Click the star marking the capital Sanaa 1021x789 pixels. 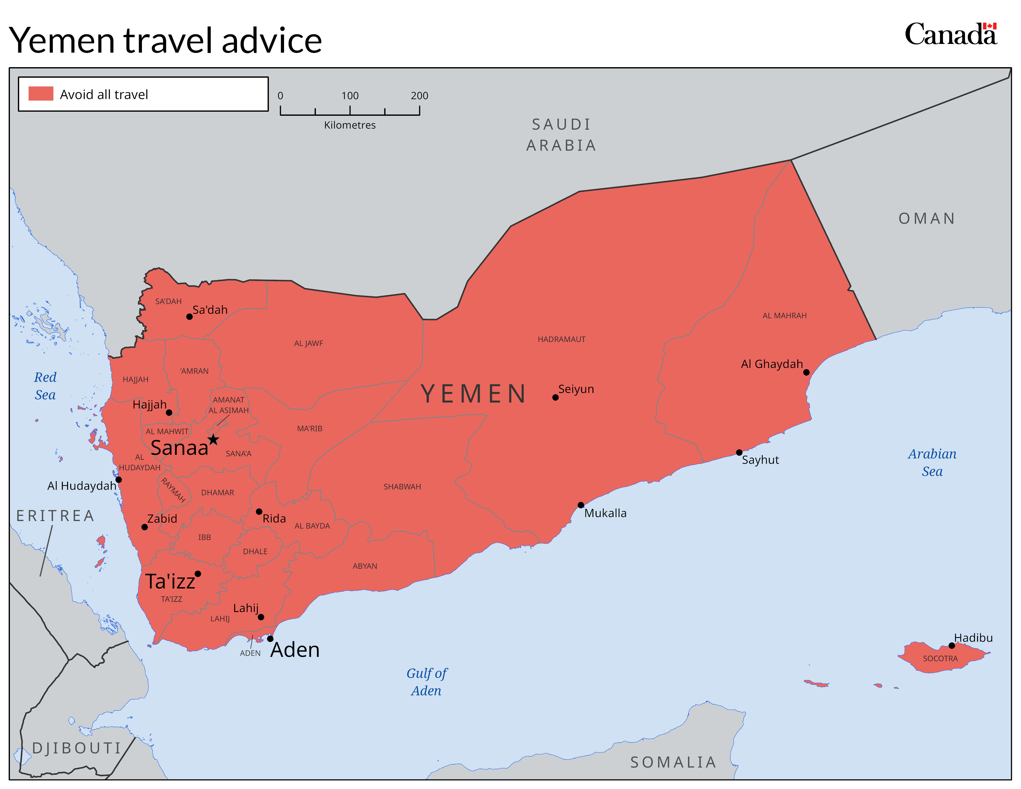213,439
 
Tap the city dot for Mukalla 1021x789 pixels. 581,505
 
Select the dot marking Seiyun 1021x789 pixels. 555,397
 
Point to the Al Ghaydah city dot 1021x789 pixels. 806,372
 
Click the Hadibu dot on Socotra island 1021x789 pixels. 952,645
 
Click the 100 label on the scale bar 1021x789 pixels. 350,96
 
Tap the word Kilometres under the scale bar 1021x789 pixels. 350,125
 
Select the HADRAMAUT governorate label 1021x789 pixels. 562,339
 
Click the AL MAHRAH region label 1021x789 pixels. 784,316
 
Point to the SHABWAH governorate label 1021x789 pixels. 402,487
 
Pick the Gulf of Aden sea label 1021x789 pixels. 426,682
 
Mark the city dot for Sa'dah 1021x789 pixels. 189,317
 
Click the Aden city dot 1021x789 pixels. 270,639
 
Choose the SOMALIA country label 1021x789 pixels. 673,762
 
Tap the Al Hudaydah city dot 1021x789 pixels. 119,480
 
